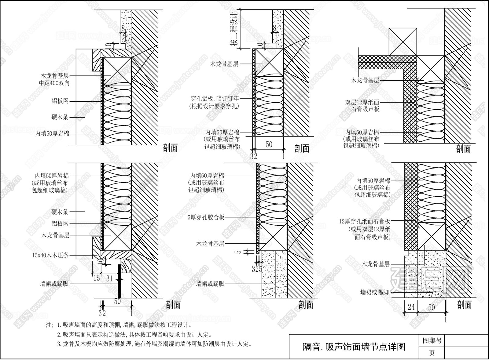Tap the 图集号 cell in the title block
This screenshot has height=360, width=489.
432,340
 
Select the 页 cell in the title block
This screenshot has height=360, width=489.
432,353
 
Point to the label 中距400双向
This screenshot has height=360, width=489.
55,83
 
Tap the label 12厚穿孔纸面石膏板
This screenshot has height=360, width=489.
364,221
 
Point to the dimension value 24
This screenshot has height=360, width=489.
411,307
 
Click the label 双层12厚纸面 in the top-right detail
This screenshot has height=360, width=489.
362,102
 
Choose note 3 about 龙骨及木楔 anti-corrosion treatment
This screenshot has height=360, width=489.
154,344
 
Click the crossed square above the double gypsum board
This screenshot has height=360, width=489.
403,41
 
